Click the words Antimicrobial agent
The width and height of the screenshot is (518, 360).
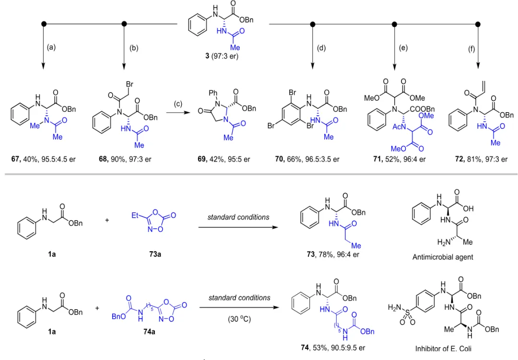[443, 257]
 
